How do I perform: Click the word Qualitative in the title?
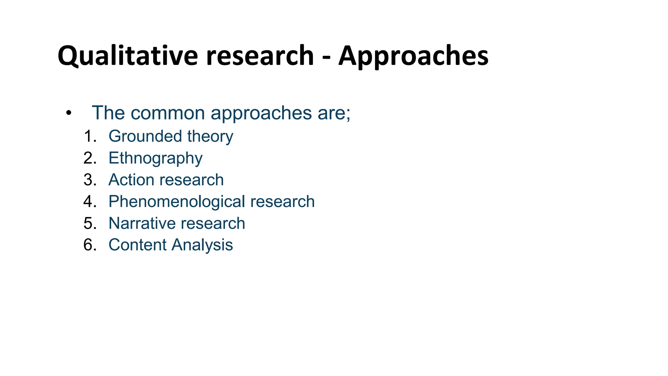click(x=128, y=56)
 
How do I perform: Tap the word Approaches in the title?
click(x=413, y=56)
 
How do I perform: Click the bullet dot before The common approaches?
click(x=68, y=113)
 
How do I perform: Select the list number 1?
click(x=89, y=136)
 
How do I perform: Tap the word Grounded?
click(x=145, y=136)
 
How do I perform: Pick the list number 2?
click(x=89, y=158)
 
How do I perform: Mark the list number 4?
click(x=89, y=202)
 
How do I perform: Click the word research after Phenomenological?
click(x=282, y=202)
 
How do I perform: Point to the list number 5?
click(x=89, y=224)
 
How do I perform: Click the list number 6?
click(x=89, y=245)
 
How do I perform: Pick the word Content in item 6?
click(x=137, y=245)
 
